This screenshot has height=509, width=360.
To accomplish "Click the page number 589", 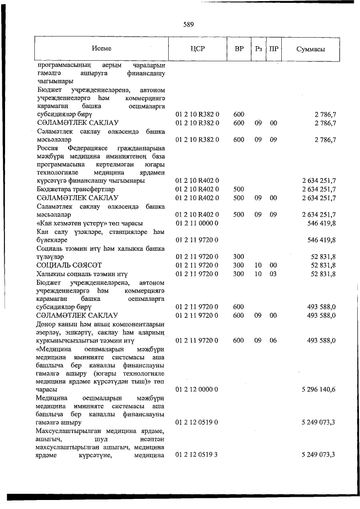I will point(188,24).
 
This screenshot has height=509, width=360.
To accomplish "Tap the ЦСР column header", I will point(197,48).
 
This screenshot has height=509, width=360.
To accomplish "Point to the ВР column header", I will point(238,48).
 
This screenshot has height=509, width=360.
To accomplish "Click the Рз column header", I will point(259,48).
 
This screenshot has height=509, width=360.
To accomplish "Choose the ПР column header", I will point(274,48).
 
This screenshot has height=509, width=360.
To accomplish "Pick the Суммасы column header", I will point(311,48).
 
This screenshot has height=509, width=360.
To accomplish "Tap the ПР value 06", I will point(274,340).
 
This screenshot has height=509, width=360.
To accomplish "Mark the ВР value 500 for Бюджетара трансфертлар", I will point(238,189).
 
